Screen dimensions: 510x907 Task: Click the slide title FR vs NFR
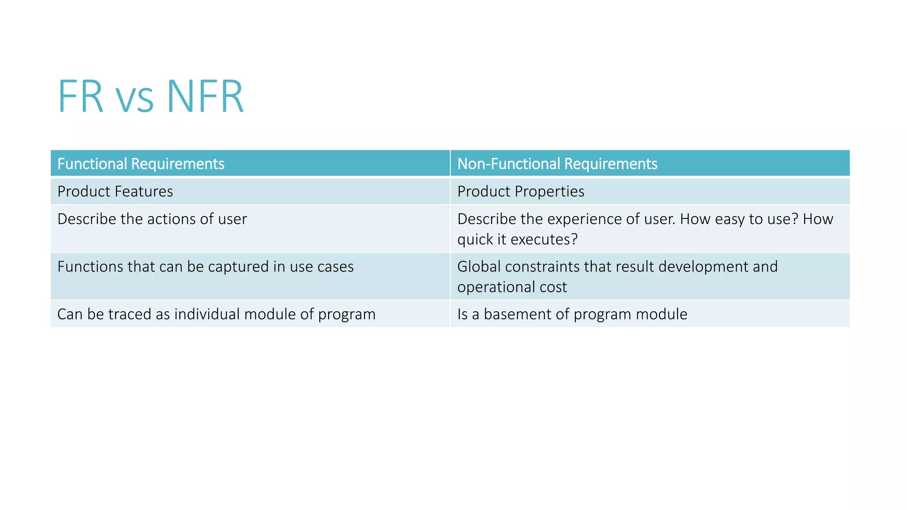pyautogui.click(x=151, y=97)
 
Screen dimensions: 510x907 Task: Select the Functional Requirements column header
pyautogui.click(x=141, y=164)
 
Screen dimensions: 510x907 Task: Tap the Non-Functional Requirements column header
pyautogui.click(x=557, y=164)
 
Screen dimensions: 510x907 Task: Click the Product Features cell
pyautogui.click(x=115, y=191)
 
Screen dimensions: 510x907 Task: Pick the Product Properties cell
pyautogui.click(x=521, y=191)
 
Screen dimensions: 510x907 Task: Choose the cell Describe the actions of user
pyautogui.click(x=152, y=219)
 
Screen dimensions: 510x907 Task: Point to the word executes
pyautogui.click(x=544, y=240)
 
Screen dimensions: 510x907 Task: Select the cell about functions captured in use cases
pyautogui.click(x=205, y=267)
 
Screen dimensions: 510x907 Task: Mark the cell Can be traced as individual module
pyautogui.click(x=216, y=314)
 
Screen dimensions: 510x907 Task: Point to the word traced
pyautogui.click(x=130, y=314)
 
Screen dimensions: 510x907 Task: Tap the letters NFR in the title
pyautogui.click(x=205, y=97)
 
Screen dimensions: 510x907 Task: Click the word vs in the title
pyautogui.click(x=135, y=100)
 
